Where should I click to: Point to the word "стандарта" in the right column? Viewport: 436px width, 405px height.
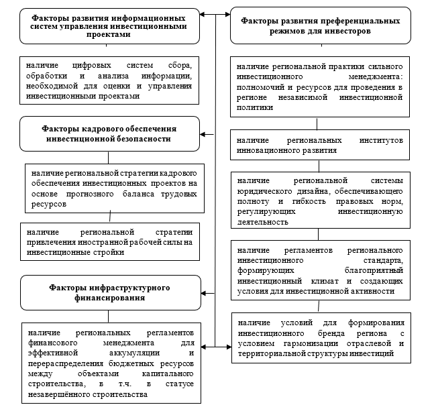382,259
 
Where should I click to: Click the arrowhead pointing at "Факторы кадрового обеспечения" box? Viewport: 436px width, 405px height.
204,135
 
